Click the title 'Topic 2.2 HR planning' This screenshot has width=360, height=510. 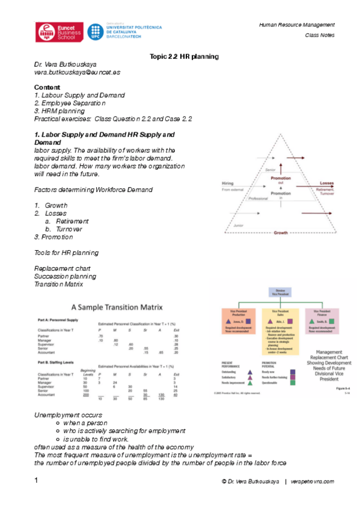183,57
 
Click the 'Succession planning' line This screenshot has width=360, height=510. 65,276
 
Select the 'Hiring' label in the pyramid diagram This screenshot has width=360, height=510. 228,182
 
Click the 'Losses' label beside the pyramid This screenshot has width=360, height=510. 326,183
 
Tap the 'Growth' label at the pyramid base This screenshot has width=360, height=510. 280,232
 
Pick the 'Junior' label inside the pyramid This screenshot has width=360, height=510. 240,226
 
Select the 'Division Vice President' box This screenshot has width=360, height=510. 276,292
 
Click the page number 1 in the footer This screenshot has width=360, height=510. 36,481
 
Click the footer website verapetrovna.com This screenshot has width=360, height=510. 313,482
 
